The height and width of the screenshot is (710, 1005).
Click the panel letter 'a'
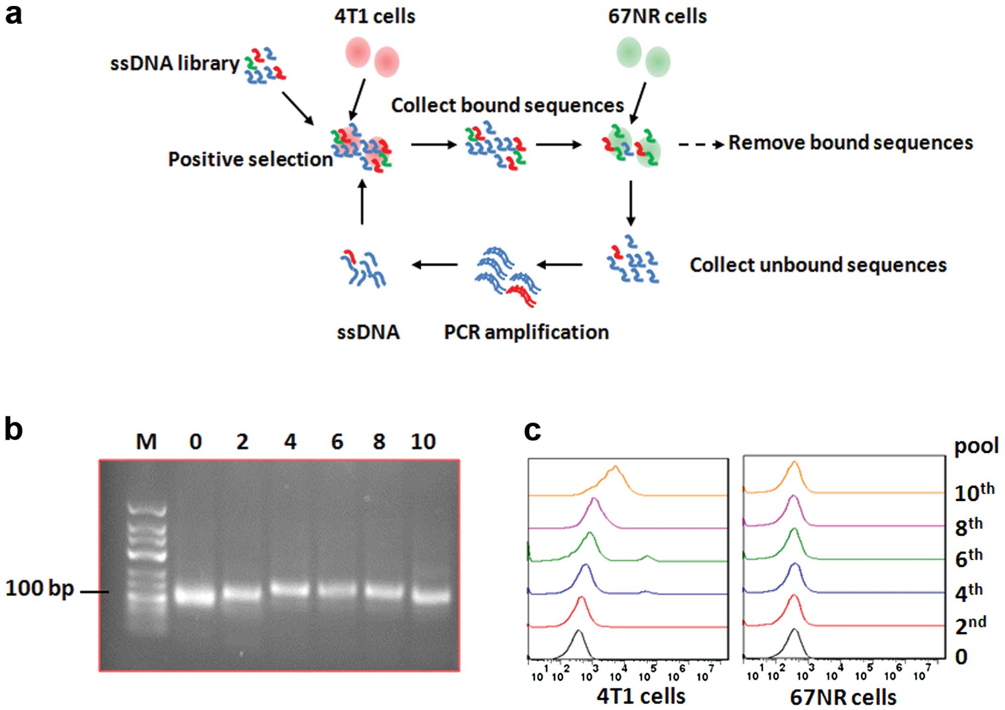pos(13,15)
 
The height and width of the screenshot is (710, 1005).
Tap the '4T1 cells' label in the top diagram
pos(375,16)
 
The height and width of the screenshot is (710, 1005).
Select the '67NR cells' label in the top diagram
pos(657,16)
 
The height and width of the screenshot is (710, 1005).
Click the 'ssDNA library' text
pos(174,63)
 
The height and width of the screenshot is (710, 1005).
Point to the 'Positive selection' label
pos(250,159)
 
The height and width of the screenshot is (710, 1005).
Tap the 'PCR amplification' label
pos(526,332)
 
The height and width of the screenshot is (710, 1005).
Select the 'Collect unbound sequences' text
pos(818,265)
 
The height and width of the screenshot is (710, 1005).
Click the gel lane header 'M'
pos(146,441)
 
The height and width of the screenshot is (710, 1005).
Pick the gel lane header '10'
pos(423,441)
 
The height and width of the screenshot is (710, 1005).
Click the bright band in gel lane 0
pos(195,595)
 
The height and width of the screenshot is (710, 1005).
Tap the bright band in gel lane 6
pos(336,591)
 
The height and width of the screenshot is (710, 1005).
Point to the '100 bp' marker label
pos(40,588)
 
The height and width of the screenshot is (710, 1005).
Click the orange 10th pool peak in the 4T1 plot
pos(615,468)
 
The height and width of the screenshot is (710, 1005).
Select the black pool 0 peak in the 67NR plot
pos(794,631)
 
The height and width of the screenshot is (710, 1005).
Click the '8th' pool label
pos(968,527)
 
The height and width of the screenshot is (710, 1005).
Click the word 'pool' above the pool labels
pos(976,446)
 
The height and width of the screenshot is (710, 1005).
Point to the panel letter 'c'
pos(532,430)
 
